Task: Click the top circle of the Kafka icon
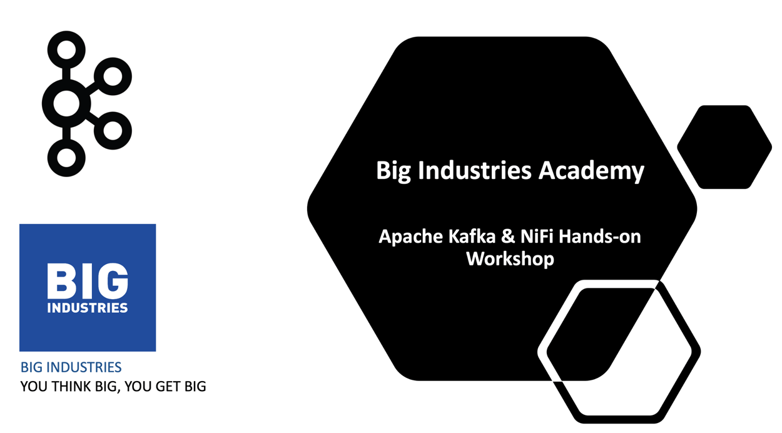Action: click(66, 49)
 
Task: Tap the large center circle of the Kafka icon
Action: click(66, 104)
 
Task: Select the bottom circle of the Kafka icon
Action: click(66, 158)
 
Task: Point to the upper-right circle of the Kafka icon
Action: click(113, 77)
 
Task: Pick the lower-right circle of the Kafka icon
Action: click(113, 131)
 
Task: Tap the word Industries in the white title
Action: click(475, 170)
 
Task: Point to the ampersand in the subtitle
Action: click(509, 237)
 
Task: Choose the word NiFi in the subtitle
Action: click(537, 237)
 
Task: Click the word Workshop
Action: click(510, 258)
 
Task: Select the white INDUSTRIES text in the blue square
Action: click(88, 308)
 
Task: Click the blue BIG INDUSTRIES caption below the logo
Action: click(71, 367)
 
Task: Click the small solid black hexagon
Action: click(724, 147)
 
